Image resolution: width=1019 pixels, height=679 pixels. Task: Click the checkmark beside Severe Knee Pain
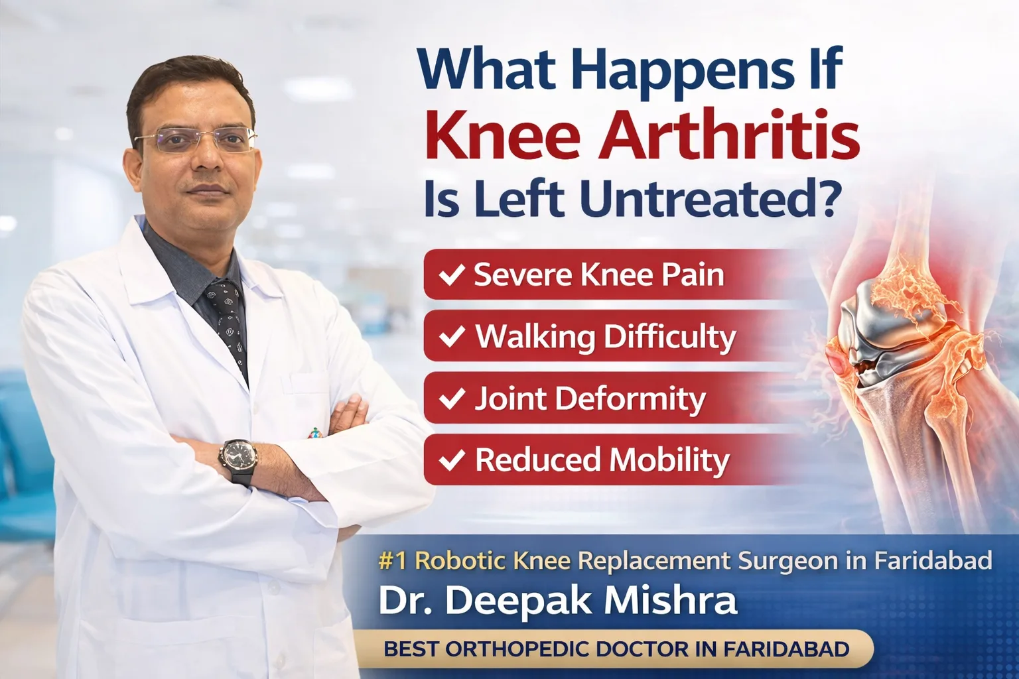pyautogui.click(x=452, y=275)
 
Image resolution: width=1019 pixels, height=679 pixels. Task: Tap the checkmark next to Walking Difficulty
pyautogui.click(x=452, y=336)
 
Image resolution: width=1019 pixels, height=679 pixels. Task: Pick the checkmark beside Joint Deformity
pyautogui.click(x=452, y=398)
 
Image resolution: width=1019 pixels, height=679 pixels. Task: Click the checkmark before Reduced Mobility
pyautogui.click(x=452, y=460)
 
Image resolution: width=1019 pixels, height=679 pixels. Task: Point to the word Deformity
pyautogui.click(x=630, y=399)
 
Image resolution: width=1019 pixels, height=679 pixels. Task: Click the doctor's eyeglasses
pyautogui.click(x=196, y=139)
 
